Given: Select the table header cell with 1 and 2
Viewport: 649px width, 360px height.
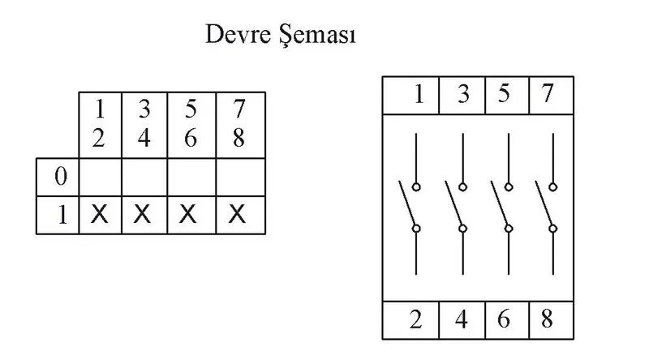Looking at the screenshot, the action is click(100, 125).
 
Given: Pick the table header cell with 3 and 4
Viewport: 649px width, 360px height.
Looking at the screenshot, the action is click(144, 125).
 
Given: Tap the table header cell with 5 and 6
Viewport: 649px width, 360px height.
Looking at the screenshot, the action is click(191, 125).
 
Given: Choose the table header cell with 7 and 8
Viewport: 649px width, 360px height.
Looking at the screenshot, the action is click(240, 125).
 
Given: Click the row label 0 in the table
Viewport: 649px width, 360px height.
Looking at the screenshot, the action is click(61, 176).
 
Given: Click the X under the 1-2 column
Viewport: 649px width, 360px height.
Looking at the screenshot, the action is click(99, 214).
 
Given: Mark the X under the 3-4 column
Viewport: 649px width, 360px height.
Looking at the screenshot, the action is click(143, 214).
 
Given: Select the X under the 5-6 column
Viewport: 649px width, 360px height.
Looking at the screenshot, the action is click(187, 214).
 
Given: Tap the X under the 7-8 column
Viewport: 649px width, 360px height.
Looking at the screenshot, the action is click(237, 214).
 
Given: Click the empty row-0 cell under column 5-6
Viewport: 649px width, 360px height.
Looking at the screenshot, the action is click(191, 177).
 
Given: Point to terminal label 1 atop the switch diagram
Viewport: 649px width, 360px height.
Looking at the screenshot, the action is click(419, 94).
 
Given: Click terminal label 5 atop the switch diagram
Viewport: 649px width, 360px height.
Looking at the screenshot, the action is click(504, 93).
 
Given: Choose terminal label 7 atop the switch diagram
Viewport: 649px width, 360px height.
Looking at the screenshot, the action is click(547, 93).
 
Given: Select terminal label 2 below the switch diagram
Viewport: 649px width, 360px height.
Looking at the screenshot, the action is click(416, 319).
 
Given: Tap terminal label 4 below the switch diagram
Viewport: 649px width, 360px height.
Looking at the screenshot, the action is click(461, 319).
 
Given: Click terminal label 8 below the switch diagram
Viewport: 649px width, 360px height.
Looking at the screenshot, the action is click(547, 319).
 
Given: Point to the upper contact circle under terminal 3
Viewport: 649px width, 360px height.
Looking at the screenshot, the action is click(462, 187).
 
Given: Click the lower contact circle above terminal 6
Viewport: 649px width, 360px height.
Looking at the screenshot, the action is click(509, 229).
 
